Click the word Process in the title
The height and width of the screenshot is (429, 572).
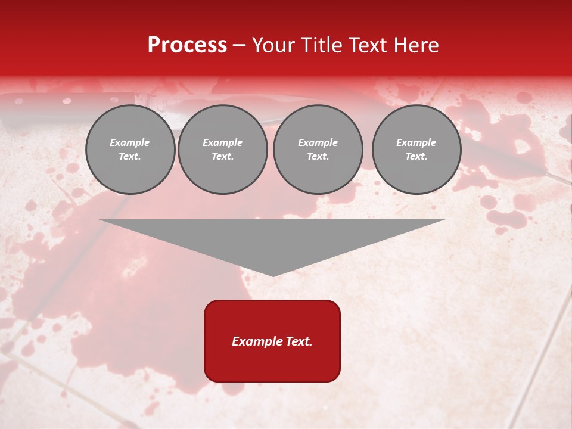[187, 45]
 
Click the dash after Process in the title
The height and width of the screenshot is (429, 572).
[240, 46]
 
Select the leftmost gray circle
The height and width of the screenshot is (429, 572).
[130, 150]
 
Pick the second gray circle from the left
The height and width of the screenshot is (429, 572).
[222, 150]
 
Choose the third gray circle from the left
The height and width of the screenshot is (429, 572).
[318, 150]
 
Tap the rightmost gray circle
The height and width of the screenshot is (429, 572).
[416, 150]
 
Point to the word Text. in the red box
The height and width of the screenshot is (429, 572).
[297, 341]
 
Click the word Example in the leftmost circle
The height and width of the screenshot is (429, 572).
[130, 143]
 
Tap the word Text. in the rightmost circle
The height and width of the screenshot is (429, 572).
[416, 157]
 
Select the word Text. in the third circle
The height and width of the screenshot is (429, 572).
[318, 157]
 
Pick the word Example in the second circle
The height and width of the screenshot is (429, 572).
[222, 143]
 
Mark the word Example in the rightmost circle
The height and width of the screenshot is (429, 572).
[416, 143]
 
